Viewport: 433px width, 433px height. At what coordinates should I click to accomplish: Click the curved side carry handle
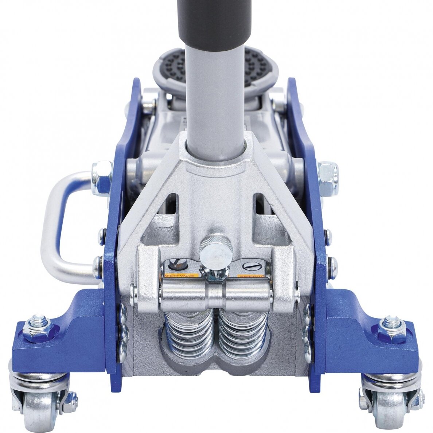click(60, 226)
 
